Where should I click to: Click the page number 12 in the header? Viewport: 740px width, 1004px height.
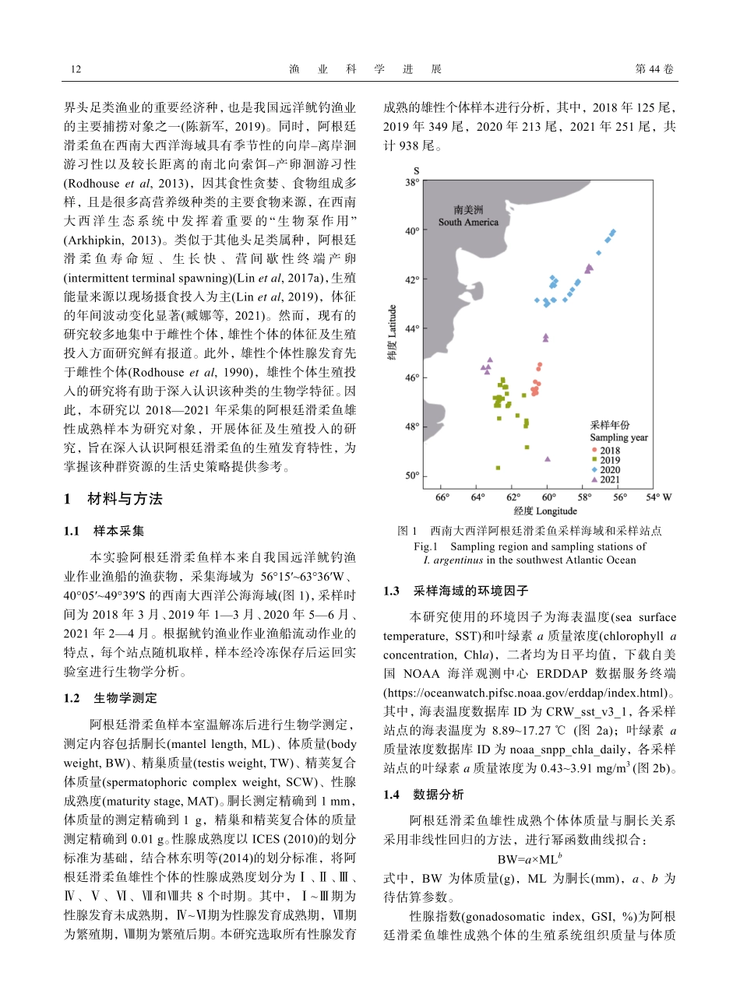76,69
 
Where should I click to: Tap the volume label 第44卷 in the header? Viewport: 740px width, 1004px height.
654,69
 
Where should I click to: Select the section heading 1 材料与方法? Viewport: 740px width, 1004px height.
113,499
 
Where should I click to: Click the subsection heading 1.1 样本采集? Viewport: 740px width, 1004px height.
104,531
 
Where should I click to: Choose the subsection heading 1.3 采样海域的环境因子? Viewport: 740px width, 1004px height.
456,592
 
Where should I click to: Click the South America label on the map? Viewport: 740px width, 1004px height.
468,216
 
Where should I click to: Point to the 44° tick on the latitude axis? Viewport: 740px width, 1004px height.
411,328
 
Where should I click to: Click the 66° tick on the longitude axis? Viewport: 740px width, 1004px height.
442,497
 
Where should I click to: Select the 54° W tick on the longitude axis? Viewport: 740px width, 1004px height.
658,497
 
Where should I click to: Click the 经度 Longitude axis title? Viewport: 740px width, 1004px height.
545,511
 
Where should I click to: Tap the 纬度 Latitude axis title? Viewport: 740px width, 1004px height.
393,331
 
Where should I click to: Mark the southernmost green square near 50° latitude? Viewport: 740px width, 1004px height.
498,468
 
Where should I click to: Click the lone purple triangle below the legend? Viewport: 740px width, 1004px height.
548,459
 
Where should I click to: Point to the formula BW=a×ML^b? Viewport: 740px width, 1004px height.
530,860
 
